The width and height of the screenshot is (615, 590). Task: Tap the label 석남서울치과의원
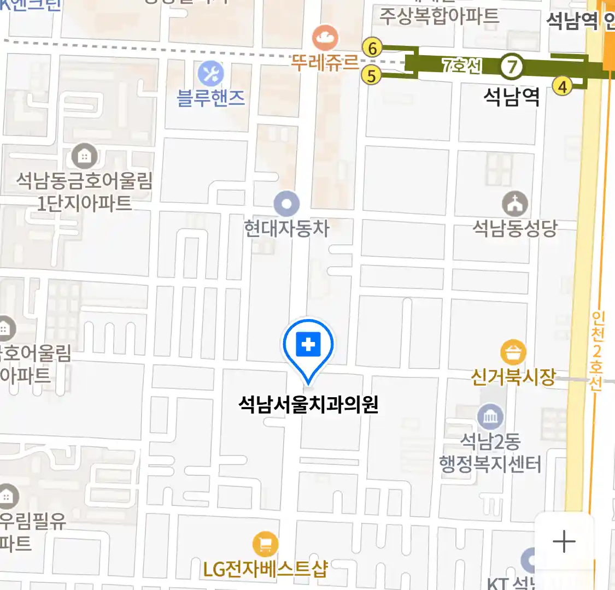[308, 405]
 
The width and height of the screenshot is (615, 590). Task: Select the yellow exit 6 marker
[373, 48]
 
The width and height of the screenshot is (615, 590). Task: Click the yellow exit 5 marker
[372, 75]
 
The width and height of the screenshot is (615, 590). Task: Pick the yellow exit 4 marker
[562, 86]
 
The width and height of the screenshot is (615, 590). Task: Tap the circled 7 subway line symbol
[512, 67]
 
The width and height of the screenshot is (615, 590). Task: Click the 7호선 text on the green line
[462, 66]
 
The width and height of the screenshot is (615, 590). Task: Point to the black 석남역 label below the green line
[512, 97]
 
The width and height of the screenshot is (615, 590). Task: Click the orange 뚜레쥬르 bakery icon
[325, 37]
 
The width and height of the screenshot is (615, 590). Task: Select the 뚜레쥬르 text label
[325, 62]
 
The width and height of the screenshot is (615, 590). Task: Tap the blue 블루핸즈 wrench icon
[210, 73]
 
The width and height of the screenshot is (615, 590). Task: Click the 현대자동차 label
[286, 228]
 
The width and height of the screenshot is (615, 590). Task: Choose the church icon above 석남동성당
[515, 204]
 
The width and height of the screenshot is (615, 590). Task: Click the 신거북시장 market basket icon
[513, 352]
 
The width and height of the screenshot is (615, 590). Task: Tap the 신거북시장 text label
[513, 377]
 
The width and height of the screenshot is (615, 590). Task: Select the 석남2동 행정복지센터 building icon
[490, 417]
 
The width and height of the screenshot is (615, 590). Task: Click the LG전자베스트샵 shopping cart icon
[265, 544]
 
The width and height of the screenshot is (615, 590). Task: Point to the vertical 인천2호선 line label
[596, 350]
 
